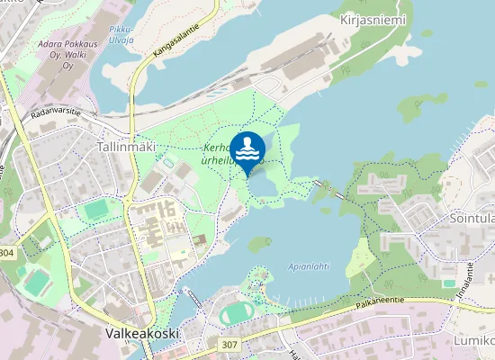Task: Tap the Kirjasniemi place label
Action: [373, 20]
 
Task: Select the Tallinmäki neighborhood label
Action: [126, 146]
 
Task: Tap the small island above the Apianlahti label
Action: [260, 243]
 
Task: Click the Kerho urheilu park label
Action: [221, 155]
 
